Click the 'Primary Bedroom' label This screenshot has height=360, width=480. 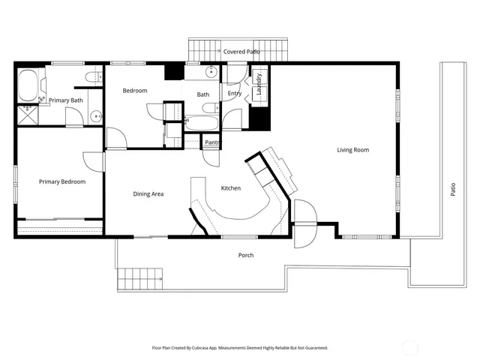click(62, 181)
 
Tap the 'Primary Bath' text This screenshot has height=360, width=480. click(66, 100)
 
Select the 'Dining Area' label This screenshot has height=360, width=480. click(148, 194)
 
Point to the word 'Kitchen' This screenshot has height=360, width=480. click(230, 188)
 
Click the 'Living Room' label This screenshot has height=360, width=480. click(352, 150)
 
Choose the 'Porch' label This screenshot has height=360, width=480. click(246, 256)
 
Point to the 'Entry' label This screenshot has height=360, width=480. click(235, 94)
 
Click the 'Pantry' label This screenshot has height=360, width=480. click(213, 142)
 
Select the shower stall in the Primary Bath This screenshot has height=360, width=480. click(28, 114)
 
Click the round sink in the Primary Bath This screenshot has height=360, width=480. click(96, 116)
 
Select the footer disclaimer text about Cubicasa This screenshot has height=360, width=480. click(240, 348)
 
